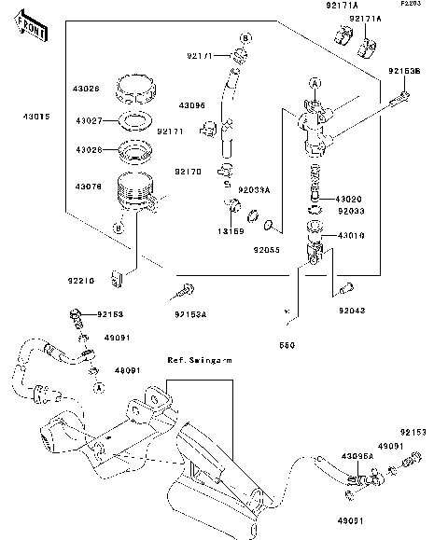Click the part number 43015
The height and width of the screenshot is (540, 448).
pos(37,117)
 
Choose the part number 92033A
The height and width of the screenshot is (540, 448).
pos(254,189)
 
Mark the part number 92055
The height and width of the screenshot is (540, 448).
pos(267,250)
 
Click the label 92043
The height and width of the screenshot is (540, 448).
pos(352,310)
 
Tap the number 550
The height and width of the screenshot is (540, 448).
pos(287,345)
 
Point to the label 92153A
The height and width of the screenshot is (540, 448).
pos(190,313)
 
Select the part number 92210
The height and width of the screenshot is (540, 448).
pos(80,278)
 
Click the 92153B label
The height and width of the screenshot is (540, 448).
pos(405,71)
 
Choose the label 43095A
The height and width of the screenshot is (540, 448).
pos(357,456)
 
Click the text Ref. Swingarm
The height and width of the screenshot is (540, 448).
pos(199,359)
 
